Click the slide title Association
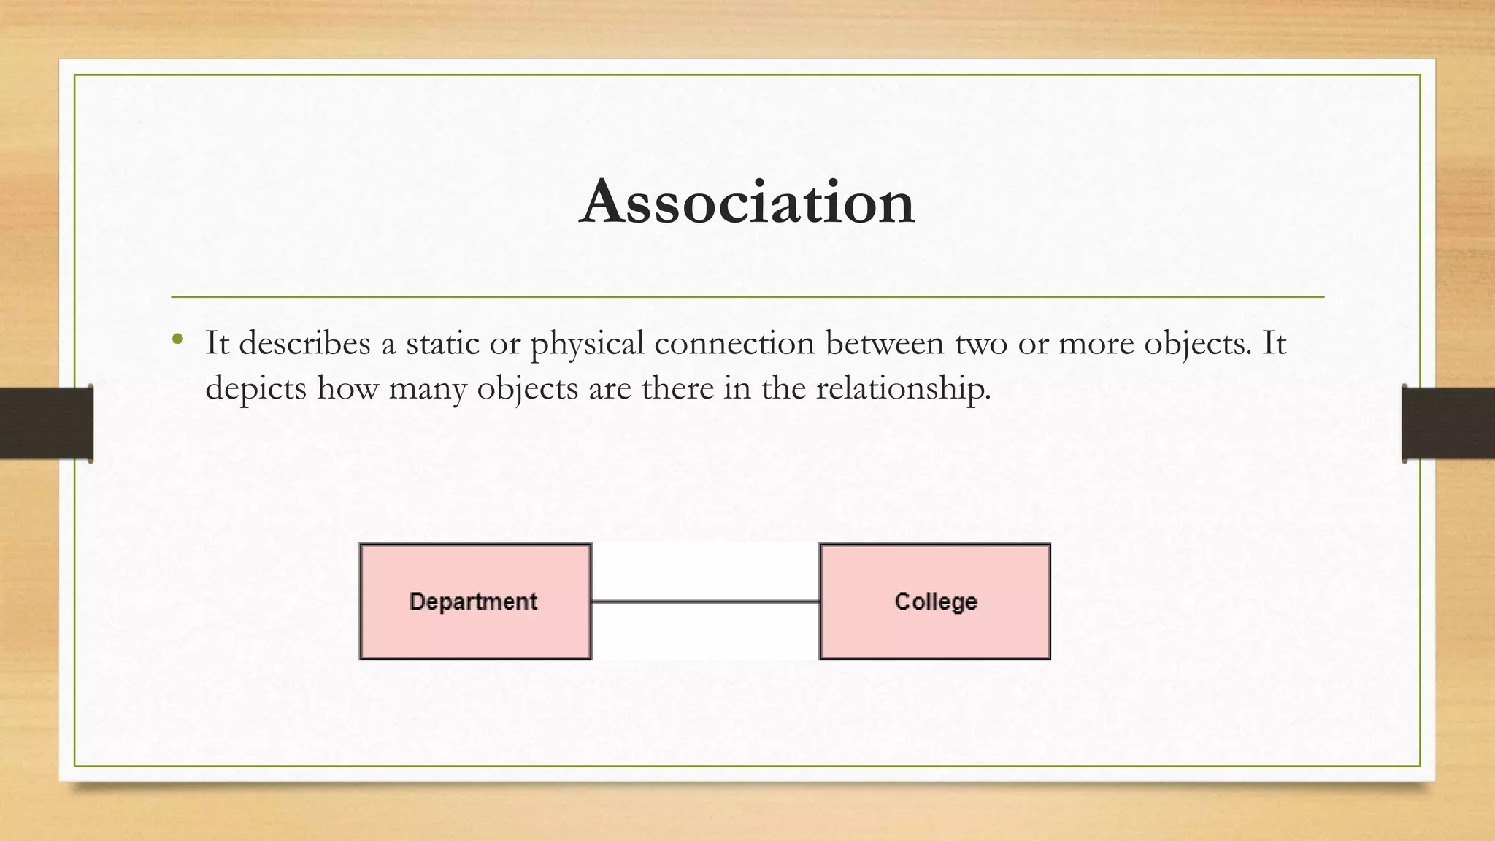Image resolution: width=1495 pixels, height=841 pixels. tap(747, 202)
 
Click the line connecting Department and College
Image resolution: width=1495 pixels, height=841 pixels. tap(705, 602)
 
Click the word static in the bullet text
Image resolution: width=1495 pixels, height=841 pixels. tap(442, 343)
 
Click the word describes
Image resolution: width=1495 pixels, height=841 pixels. tap(305, 343)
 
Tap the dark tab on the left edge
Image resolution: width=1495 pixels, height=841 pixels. tap(46, 423)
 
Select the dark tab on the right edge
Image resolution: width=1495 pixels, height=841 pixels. tap(1448, 423)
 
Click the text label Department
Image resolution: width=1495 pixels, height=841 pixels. tap(473, 602)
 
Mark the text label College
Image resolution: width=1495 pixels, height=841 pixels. tap(936, 602)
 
